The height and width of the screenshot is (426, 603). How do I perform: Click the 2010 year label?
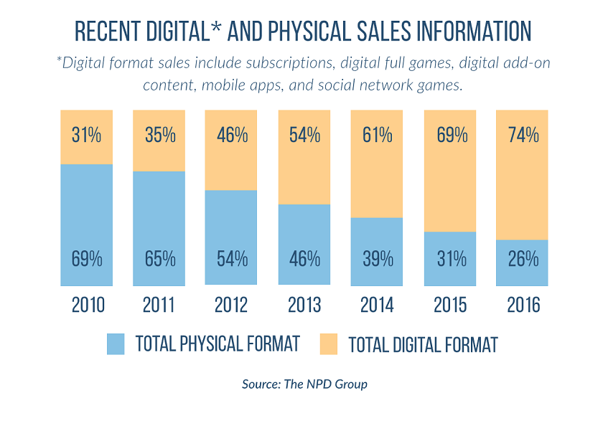(87, 305)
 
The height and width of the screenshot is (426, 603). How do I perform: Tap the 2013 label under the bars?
(304, 305)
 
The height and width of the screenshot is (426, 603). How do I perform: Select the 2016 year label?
(522, 305)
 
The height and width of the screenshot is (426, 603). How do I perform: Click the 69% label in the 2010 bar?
(87, 258)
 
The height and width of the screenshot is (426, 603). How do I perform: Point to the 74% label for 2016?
(522, 135)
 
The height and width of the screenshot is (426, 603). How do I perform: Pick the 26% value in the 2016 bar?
(522, 258)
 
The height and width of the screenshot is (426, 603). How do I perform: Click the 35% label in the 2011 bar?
(159, 135)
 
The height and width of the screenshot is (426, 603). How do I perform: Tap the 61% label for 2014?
(377, 135)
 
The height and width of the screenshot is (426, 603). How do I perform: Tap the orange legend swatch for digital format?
(328, 344)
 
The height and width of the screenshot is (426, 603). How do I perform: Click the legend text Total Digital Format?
(422, 345)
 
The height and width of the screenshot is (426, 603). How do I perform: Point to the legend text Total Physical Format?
(218, 344)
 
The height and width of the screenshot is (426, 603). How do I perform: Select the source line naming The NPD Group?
(304, 384)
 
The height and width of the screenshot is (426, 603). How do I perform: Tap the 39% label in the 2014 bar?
(377, 258)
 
